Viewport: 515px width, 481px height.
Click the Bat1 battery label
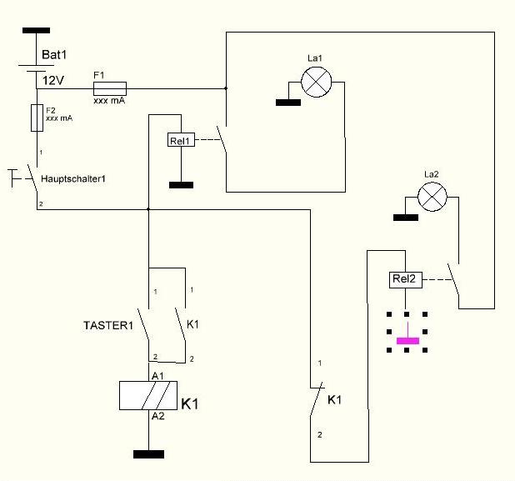click(54, 54)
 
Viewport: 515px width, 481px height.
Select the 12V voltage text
click(52, 80)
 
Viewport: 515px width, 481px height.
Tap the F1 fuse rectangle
click(110, 88)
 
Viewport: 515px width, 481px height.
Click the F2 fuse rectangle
click(37, 118)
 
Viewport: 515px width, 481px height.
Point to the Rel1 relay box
click(181, 140)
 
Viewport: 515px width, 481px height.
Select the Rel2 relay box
click(406, 280)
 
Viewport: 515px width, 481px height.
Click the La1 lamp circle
click(317, 83)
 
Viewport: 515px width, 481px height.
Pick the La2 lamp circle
click(432, 197)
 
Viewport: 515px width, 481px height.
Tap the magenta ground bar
click(408, 341)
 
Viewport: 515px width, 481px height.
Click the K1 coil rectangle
click(148, 395)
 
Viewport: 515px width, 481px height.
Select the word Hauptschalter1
click(73, 179)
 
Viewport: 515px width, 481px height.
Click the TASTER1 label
click(108, 325)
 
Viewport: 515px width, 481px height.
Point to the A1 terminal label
click(157, 376)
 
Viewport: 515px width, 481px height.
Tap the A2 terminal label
click(158, 416)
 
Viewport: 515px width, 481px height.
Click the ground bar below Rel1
click(182, 185)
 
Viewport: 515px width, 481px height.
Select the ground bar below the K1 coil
click(149, 454)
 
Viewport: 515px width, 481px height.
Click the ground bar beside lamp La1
click(288, 103)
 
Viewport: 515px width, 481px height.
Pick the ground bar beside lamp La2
click(406, 218)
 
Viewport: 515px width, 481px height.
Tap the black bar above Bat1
click(36, 31)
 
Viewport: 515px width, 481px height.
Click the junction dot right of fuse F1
click(226, 88)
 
